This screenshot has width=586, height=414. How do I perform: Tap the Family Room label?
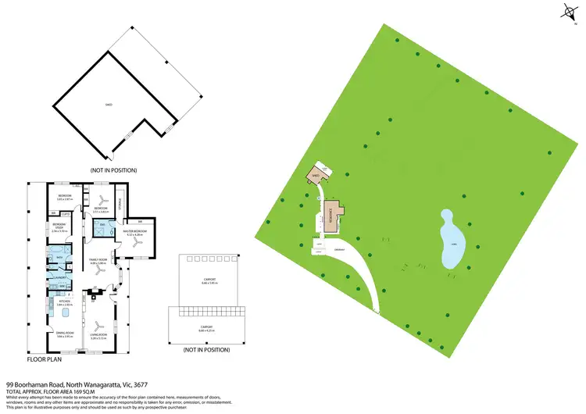click(98, 259)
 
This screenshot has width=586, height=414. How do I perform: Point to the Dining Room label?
click(63, 334)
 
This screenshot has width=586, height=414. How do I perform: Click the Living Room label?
click(98, 334)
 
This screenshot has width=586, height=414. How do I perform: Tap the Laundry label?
click(59, 276)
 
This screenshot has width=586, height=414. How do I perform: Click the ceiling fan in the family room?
click(98, 273)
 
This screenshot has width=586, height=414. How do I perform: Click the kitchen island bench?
click(65, 314)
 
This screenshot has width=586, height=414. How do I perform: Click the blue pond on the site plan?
click(451, 238)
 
